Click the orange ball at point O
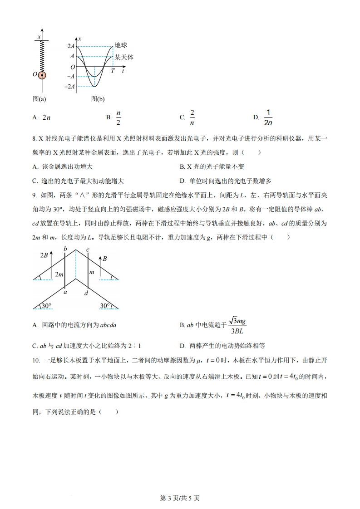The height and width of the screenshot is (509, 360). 42,75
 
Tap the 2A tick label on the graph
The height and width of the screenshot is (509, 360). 71,46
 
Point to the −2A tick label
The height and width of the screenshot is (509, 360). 69,87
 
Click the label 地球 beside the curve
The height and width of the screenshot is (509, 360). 121,45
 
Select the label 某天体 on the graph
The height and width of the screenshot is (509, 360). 124,57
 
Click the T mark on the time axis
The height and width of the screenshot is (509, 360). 113,72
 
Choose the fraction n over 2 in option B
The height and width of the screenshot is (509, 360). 118,117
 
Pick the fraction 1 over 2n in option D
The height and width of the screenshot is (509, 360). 268,117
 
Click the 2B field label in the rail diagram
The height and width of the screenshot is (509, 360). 44,255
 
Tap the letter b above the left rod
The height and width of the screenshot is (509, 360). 65,249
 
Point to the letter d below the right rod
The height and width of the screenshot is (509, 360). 86,293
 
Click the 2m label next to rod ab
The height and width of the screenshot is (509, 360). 59,274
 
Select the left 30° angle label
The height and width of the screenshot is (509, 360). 46,306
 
